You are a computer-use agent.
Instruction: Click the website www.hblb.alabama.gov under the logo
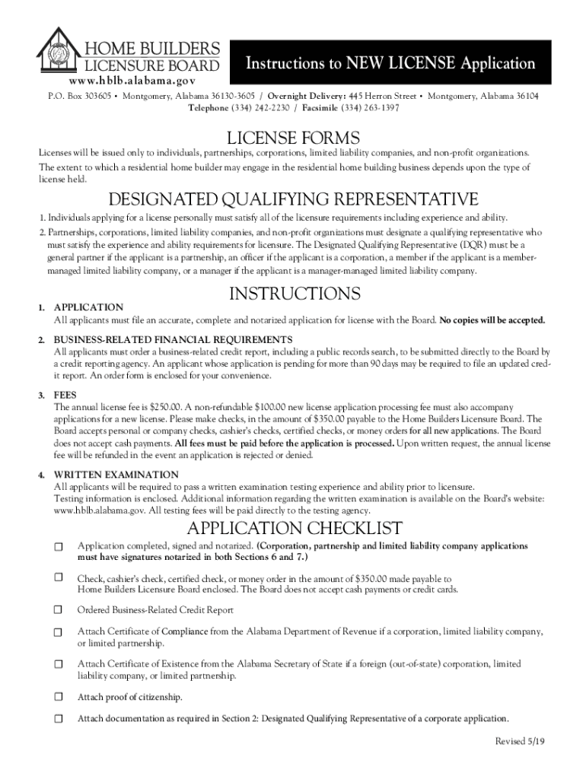(132, 80)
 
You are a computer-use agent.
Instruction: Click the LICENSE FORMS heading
(294, 138)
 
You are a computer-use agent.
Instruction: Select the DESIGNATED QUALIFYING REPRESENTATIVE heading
(293, 200)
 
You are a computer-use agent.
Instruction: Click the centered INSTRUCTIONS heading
(294, 294)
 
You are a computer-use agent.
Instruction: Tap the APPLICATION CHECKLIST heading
(294, 529)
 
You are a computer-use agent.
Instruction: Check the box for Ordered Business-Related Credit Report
(59, 610)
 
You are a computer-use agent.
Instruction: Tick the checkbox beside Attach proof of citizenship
(59, 697)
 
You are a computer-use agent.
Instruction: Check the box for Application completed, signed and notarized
(59, 547)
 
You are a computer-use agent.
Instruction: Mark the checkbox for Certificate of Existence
(59, 664)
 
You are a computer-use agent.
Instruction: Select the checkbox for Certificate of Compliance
(59, 632)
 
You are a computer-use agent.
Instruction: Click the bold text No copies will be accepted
(492, 320)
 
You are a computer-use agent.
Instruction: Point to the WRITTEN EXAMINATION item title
(116, 475)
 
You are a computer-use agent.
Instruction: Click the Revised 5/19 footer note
(520, 742)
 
